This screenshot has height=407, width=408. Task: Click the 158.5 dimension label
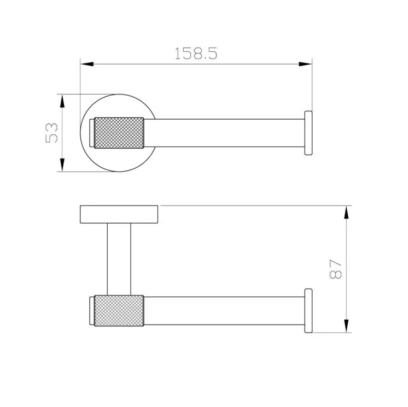[196, 54]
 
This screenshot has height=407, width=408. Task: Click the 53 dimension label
[51, 133]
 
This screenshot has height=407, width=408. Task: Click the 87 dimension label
[335, 269]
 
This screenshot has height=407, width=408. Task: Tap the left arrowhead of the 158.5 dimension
[87, 64]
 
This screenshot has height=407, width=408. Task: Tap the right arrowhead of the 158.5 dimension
[305, 64]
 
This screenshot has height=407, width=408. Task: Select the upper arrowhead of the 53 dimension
[62, 101]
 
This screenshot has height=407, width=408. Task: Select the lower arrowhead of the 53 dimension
[62, 165]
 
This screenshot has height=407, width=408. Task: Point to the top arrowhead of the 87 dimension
[346, 213]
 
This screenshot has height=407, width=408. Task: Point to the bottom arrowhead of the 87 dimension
[346, 326]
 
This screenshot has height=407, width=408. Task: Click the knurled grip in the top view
[119, 133]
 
